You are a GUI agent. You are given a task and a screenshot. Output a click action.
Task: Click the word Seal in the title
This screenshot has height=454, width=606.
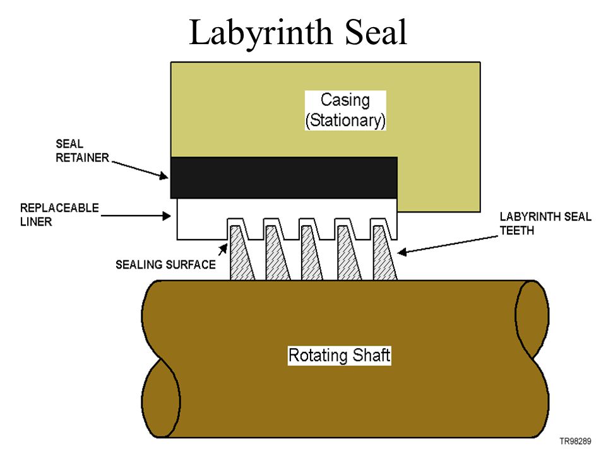point(374,33)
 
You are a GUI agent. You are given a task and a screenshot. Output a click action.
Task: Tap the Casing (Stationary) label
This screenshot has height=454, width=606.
point(345,110)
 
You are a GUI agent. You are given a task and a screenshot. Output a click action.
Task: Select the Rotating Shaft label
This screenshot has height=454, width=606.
point(339,355)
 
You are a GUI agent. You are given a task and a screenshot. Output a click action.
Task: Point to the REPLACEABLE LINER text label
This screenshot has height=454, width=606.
point(59,214)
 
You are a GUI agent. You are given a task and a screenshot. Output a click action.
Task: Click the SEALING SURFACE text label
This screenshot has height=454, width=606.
point(165,264)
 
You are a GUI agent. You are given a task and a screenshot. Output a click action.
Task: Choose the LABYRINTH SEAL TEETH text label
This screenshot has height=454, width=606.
point(545,224)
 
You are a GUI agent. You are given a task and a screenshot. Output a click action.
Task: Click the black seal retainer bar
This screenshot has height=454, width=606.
point(284,178)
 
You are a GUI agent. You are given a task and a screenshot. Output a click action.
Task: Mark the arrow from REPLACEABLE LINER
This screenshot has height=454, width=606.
point(138,216)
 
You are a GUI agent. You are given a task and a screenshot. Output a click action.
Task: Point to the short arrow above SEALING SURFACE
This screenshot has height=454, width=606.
point(223,248)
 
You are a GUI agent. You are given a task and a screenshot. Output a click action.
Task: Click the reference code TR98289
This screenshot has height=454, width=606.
point(576,440)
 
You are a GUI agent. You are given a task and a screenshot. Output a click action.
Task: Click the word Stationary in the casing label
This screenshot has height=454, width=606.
point(345,120)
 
